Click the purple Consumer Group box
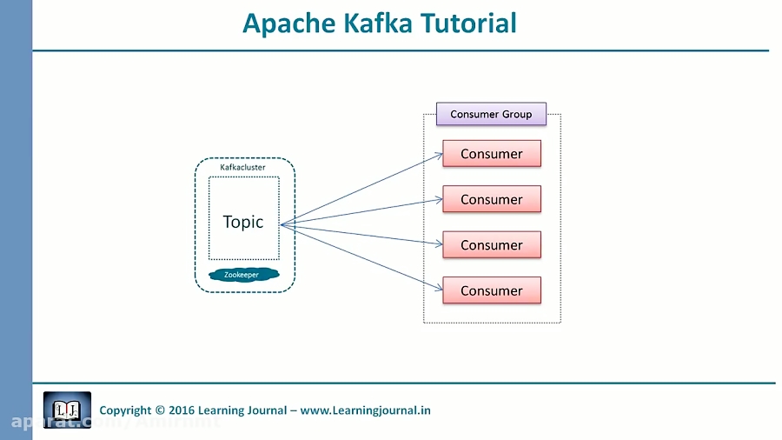click(491, 114)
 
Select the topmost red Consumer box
click(492, 154)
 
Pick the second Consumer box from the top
click(492, 199)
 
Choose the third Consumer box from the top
click(492, 245)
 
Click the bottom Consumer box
click(492, 290)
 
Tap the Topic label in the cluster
click(243, 222)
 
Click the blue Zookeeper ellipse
click(242, 275)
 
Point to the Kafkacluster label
click(243, 167)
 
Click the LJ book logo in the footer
click(67, 410)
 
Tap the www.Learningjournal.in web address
click(366, 410)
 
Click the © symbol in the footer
click(160, 410)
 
